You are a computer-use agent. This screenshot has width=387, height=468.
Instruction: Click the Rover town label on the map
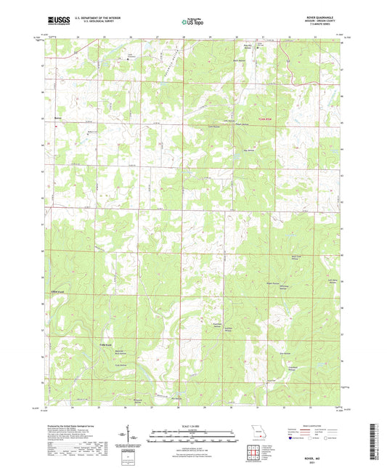click(x=59, y=118)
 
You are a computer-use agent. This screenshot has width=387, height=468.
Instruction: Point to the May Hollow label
click(x=250, y=152)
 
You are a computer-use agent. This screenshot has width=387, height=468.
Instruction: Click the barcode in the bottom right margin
click(x=378, y=443)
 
